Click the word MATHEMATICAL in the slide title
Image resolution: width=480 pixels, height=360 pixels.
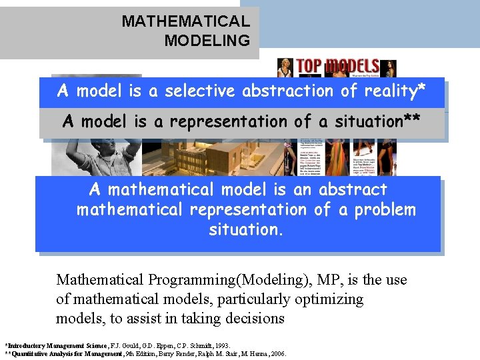185,21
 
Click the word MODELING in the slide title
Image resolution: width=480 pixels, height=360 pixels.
207,41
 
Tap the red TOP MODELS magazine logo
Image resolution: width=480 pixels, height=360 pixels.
337,66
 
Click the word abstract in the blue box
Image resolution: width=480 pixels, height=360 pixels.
351,189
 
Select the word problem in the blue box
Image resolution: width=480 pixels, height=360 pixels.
385,209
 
